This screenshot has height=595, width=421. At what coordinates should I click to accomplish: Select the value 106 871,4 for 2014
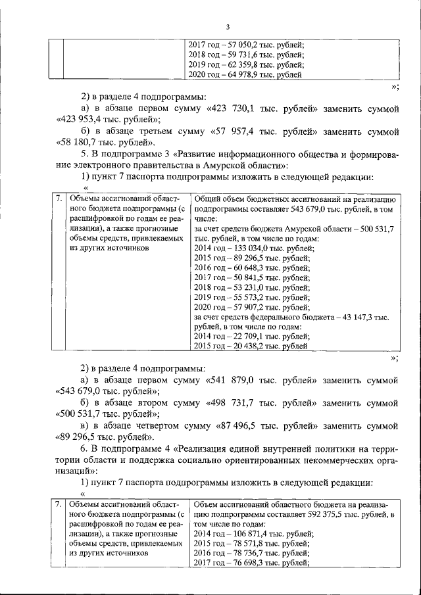(251, 535)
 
